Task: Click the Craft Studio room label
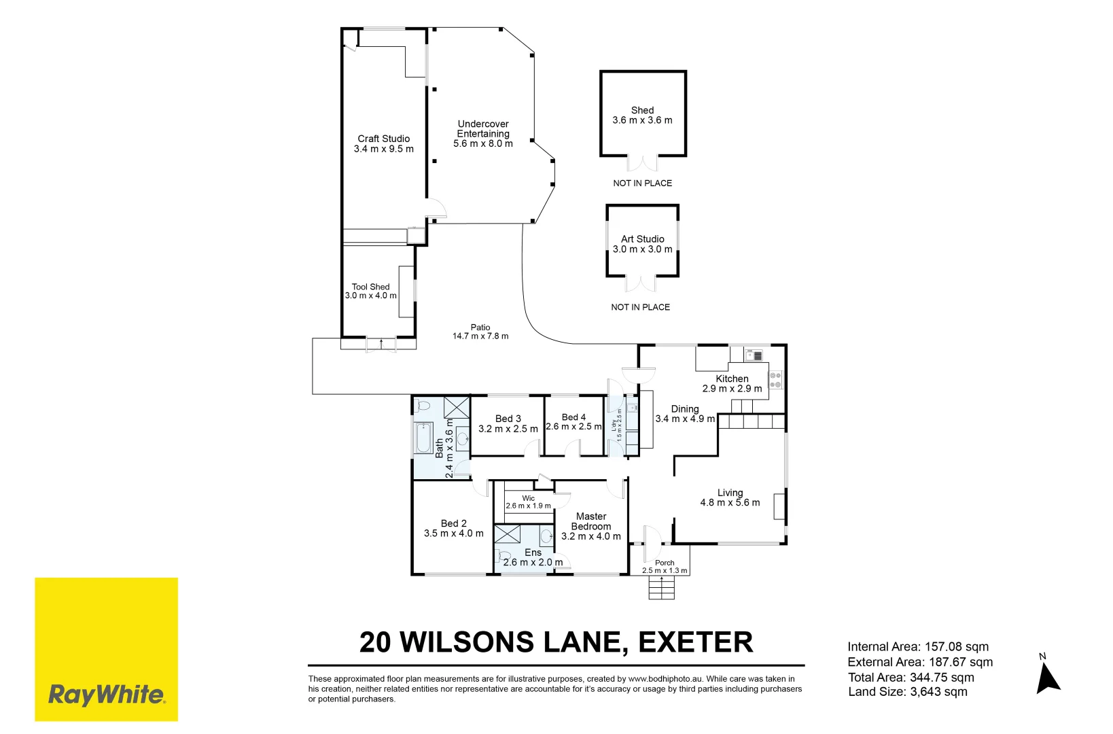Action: (383, 139)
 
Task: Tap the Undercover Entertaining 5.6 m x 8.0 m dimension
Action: (483, 143)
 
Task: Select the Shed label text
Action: (642, 110)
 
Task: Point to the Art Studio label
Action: (642, 239)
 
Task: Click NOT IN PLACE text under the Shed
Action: (642, 183)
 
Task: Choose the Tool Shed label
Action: (370, 287)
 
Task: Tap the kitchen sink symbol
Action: (754, 355)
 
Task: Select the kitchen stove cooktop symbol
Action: (775, 380)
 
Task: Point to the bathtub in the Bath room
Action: (423, 438)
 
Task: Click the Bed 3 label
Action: (508, 419)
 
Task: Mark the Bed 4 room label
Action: (573, 417)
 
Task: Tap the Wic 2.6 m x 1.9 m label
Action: (528, 502)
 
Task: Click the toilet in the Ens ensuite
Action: (503, 557)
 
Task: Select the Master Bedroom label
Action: (590, 521)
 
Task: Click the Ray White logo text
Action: (107, 695)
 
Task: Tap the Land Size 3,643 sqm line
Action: (907, 692)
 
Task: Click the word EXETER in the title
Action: (695, 642)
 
